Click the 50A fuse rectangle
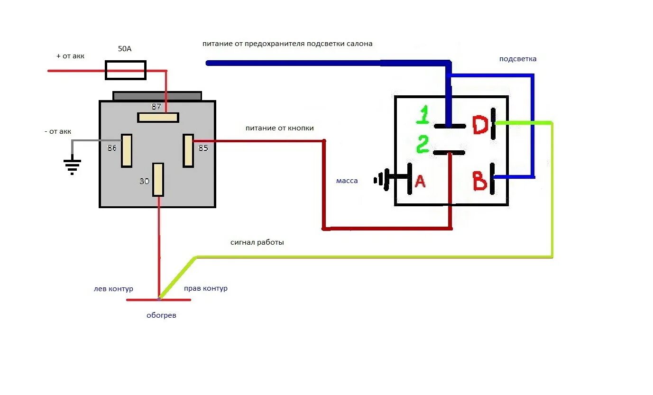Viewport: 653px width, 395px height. coord(125,70)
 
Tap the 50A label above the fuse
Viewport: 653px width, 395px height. coord(125,48)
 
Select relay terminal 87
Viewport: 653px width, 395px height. coord(158,117)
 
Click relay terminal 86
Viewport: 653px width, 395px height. coord(127,150)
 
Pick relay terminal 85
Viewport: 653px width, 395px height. coord(188,150)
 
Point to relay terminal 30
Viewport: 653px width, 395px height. coord(158,179)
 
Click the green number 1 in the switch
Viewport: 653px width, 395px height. coord(423,116)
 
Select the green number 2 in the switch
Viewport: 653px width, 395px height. coord(423,144)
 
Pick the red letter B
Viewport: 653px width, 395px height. coord(480,181)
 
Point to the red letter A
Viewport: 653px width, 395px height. coord(420,181)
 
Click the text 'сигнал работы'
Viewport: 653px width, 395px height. coord(257,242)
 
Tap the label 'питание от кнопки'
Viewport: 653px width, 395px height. coord(279,128)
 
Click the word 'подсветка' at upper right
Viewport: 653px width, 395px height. coord(518,59)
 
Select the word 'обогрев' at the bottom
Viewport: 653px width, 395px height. coord(161,315)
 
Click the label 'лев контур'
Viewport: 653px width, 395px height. coord(113,289)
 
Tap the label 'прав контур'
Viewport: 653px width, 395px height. coord(205,288)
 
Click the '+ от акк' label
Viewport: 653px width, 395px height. coord(70,56)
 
